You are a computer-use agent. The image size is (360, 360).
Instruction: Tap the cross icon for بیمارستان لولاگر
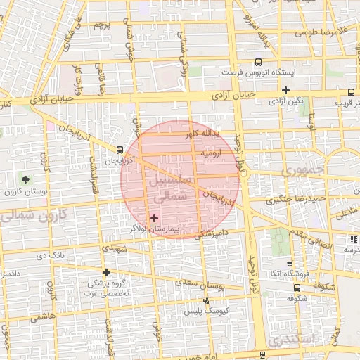point(155,219)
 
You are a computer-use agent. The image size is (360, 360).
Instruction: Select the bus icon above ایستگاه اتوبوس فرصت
point(258,62)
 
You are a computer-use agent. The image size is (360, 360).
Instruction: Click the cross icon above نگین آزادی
point(285,90)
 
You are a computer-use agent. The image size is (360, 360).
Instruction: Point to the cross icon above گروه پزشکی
point(106,272)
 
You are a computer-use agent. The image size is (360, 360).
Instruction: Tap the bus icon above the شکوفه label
point(296,287)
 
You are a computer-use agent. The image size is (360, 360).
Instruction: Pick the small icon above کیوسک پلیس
point(205,301)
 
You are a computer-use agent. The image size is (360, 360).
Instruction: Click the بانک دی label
point(70,254)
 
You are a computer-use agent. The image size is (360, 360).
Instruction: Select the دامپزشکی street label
point(210,232)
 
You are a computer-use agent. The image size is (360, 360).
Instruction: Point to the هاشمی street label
point(42,318)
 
